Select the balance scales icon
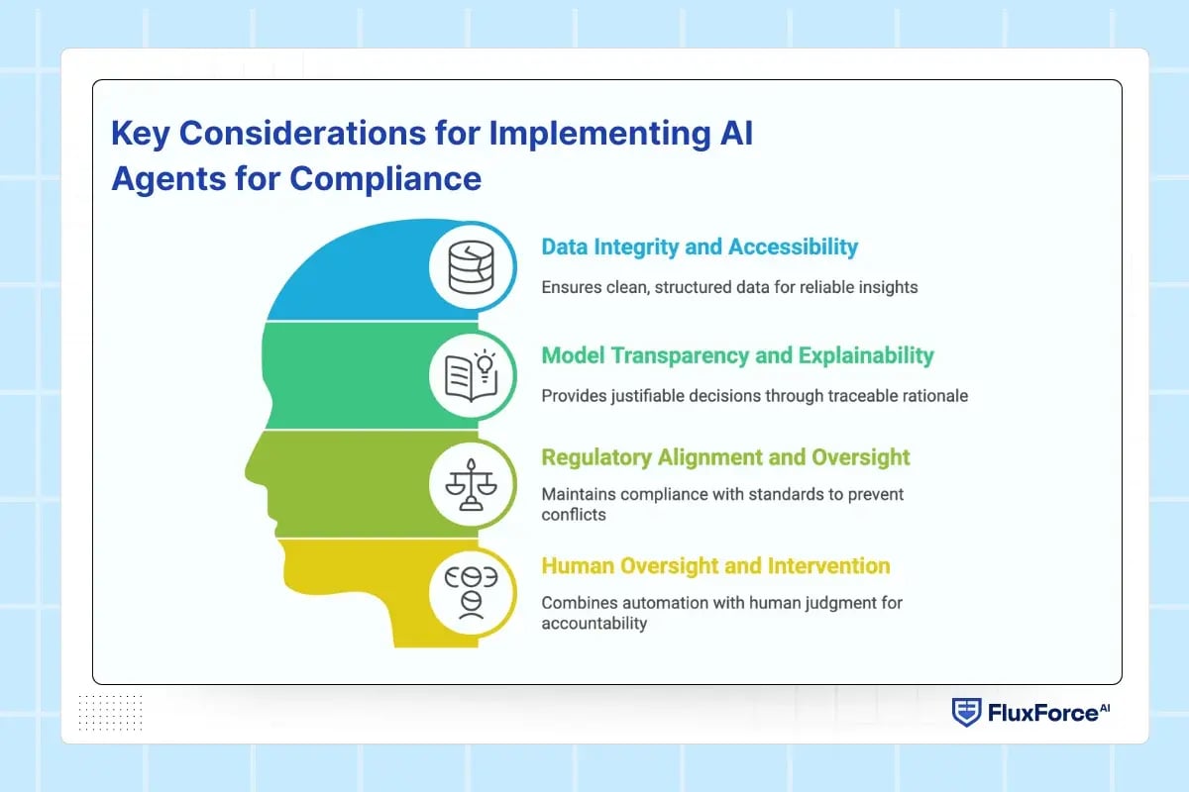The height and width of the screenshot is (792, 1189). coord(471,483)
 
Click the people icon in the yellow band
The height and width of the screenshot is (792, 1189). coord(471,592)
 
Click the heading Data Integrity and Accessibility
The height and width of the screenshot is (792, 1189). coord(700,247)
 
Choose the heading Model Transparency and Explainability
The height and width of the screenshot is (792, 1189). coord(737,354)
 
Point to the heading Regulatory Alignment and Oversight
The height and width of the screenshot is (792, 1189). coord(725,457)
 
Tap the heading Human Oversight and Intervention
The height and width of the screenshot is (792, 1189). coord(715,565)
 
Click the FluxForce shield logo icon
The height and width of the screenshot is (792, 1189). coord(965,712)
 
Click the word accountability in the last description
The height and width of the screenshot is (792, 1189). coord(594,623)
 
